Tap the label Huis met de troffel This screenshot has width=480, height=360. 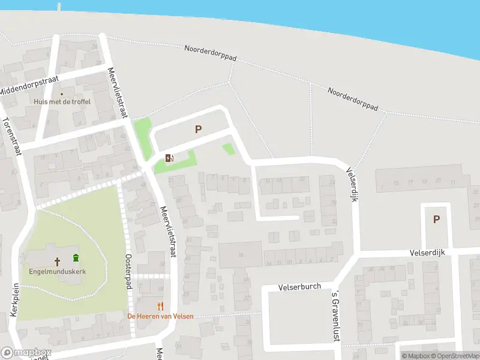pyautogui.click(x=62, y=102)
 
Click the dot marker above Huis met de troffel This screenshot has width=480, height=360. pyautogui.click(x=61, y=94)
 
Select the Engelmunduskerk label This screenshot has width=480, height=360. pyautogui.click(x=58, y=271)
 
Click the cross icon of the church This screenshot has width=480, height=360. pyautogui.click(x=58, y=261)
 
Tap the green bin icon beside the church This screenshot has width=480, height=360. pyautogui.click(x=76, y=259)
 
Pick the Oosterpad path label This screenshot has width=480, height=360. pyautogui.click(x=128, y=270)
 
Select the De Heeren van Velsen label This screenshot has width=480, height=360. pyautogui.click(x=160, y=316)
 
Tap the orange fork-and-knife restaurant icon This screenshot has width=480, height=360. pyautogui.click(x=160, y=306)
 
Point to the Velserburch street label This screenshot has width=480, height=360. pyautogui.click(x=300, y=287)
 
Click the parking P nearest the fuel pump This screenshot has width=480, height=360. pyautogui.click(x=198, y=129)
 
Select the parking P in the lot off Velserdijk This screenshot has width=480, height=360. pyautogui.click(x=436, y=220)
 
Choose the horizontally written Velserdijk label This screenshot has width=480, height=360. pyautogui.click(x=427, y=253)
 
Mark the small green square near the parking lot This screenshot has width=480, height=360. pyautogui.click(x=229, y=149)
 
